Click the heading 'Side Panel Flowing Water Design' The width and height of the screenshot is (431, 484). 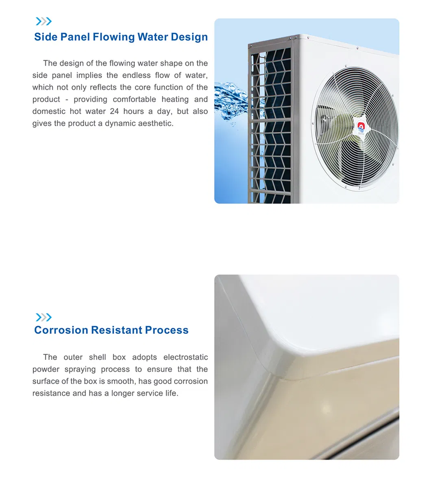click(x=121, y=37)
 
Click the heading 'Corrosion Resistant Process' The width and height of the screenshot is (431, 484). click(x=111, y=330)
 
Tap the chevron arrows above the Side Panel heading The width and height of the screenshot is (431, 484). click(x=44, y=22)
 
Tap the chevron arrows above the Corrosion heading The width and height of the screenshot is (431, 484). click(x=44, y=318)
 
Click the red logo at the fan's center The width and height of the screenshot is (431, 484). click(x=361, y=127)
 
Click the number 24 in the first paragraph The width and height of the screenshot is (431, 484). click(x=114, y=111)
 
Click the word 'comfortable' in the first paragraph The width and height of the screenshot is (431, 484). click(x=134, y=99)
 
